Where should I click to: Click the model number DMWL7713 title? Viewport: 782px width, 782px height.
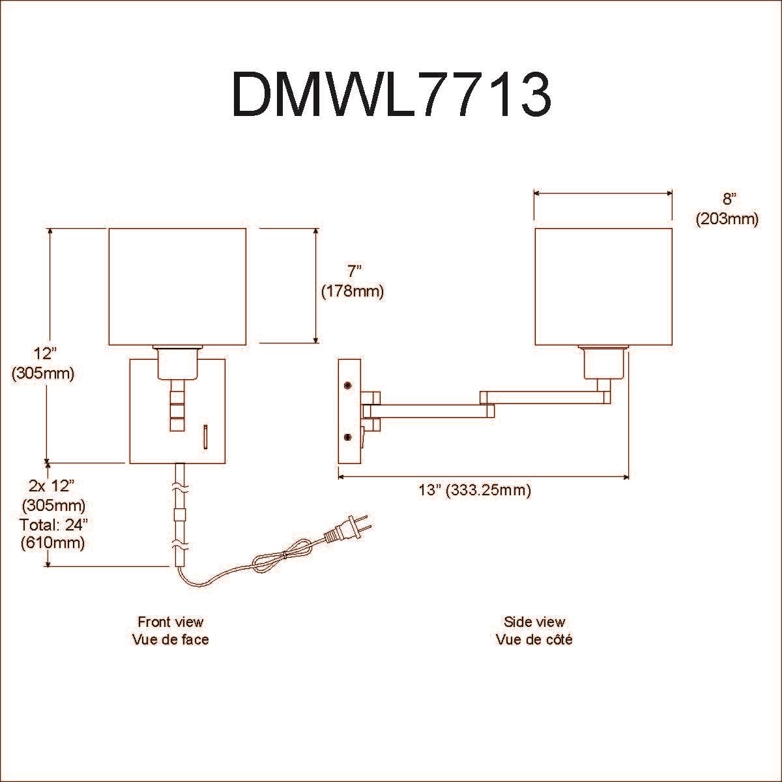pos(392,94)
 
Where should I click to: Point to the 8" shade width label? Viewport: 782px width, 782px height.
pos(727,199)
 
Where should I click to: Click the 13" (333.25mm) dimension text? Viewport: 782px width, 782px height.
pos(474,490)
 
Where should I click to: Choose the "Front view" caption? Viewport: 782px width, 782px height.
pos(170,622)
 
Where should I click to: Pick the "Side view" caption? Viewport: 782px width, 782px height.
pos(534,622)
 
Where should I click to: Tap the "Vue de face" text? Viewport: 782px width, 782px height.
pos(170,639)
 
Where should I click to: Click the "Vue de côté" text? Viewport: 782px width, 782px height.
pos(534,639)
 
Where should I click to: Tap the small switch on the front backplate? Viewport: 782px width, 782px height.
pos(205,436)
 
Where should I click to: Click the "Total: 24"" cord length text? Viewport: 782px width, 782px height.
pos(52,524)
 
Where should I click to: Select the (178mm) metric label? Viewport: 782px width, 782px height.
pos(353,291)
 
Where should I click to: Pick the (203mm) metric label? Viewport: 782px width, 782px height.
pos(727,219)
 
